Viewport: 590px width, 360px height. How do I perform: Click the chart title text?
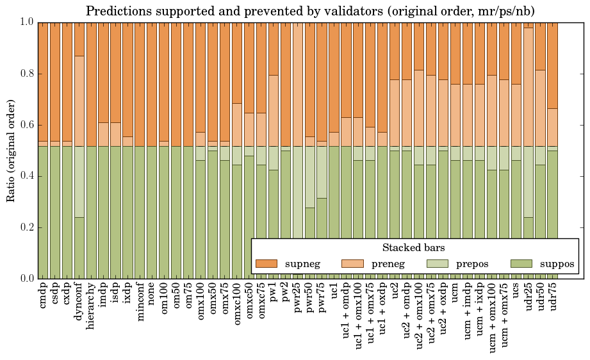311,11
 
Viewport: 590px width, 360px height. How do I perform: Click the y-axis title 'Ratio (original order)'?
11,150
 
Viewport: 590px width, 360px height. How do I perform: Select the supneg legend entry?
285,263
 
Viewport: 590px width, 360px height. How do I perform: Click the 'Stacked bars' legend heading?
413,247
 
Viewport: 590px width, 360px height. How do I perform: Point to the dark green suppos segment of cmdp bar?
43,212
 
